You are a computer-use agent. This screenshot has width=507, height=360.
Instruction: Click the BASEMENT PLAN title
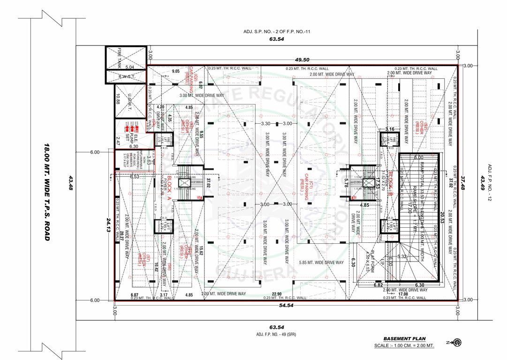coord(404,338)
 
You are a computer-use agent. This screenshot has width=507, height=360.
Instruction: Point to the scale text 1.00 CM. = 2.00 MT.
coord(404,346)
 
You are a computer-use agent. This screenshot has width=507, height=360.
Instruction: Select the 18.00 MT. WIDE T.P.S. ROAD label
coord(46,192)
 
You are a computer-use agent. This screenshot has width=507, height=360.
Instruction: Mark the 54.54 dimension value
coord(286,306)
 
